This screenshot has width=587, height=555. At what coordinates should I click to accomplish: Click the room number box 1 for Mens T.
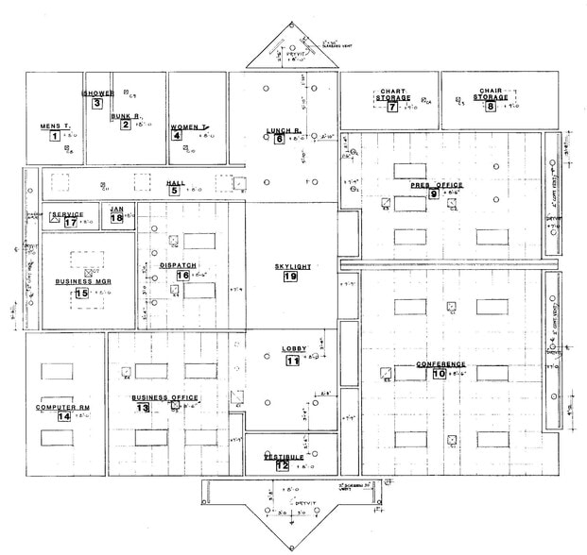55,137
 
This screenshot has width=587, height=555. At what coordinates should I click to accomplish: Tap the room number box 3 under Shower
97,104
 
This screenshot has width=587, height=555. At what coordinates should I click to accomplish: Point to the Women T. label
187,126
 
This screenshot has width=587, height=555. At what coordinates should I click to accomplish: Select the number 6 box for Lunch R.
279,140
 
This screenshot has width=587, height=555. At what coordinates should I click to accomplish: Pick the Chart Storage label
392,94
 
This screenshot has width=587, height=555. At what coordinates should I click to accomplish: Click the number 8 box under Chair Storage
490,108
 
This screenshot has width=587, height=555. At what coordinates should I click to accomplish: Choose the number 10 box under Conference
440,374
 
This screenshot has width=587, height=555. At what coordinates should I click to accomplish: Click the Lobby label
293,349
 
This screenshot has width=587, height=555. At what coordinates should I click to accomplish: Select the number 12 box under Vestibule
282,465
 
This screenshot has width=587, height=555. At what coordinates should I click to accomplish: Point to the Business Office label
164,397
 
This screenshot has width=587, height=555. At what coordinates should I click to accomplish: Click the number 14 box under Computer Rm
64,416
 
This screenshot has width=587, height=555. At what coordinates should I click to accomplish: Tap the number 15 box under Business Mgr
81,294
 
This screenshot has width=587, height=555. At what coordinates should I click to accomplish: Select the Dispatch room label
178,265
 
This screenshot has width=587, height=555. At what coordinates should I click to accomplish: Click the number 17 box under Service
70,224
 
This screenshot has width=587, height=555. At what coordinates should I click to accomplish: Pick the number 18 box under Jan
116,219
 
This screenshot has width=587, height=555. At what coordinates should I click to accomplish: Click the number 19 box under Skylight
290,277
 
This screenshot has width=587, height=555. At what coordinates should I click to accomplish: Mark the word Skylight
292,266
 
